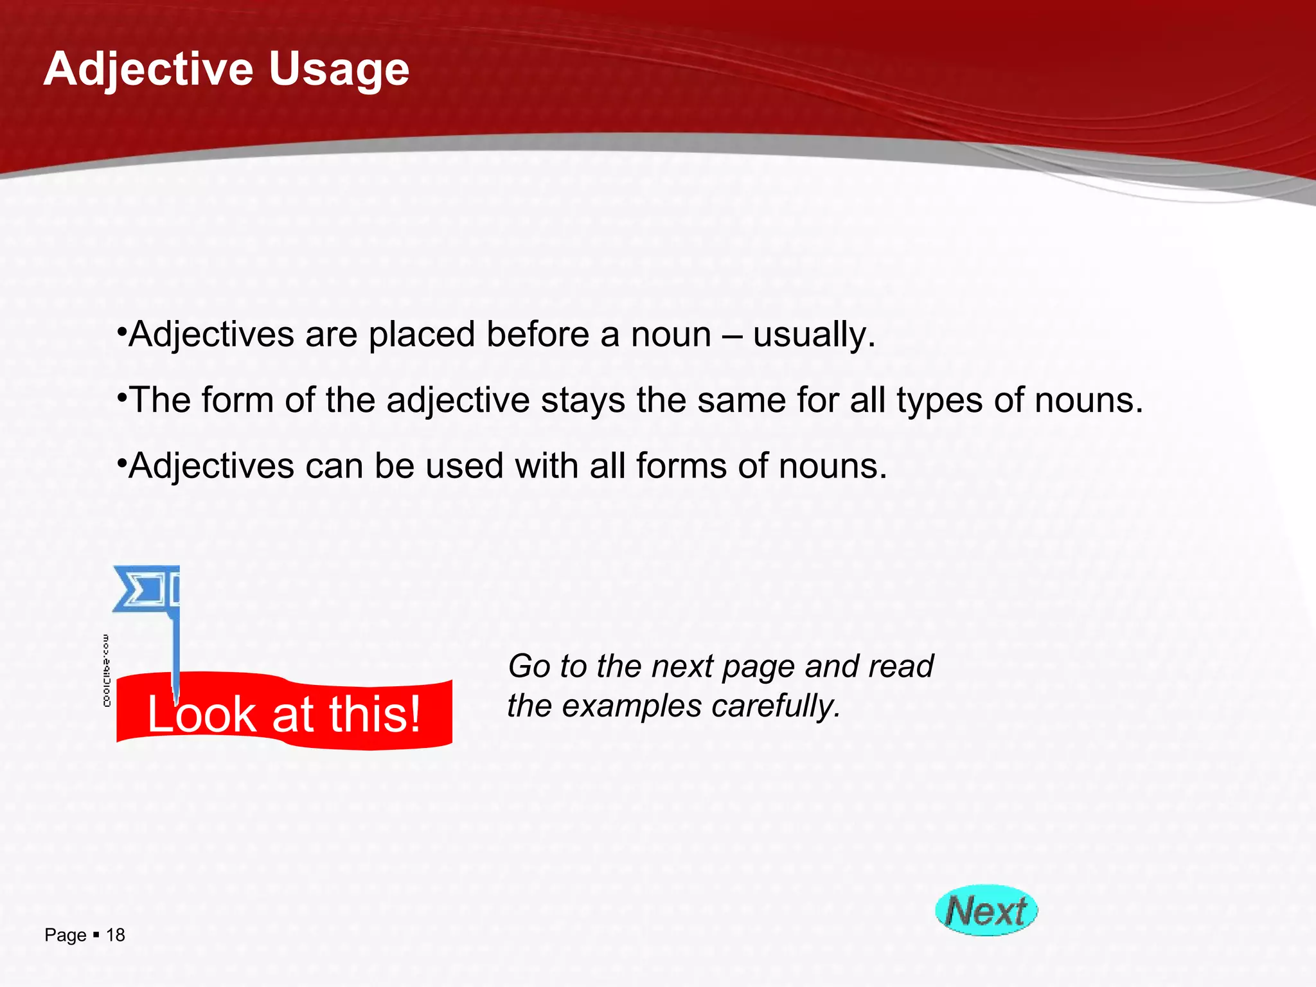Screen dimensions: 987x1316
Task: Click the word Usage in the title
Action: [339, 69]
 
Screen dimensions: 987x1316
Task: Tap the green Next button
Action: [986, 911]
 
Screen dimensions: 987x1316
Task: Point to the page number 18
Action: [116, 935]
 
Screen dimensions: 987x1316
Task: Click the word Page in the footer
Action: [65, 936]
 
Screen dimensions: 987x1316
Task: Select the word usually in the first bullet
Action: [814, 335]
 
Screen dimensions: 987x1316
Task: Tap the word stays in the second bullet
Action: [583, 400]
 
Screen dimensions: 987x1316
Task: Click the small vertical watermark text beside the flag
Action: [107, 670]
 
